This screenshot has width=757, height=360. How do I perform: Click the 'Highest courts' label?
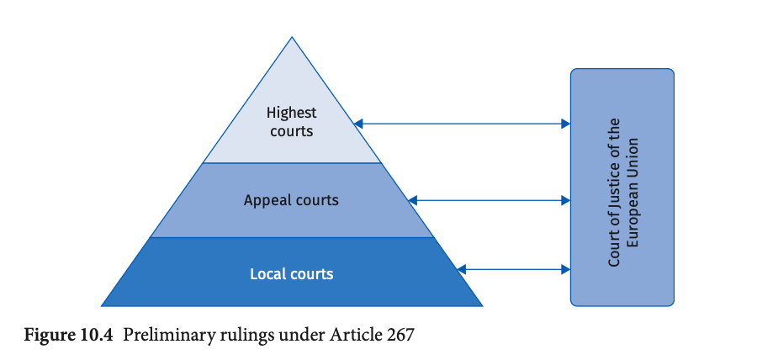point(292,122)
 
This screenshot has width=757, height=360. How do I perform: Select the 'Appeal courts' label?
point(291,200)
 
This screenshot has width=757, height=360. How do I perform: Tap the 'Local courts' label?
point(292,274)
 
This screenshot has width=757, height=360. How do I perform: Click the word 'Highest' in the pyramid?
point(292,114)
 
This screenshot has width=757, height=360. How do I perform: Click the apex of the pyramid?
point(292,37)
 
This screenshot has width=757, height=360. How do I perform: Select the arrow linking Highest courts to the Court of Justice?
point(462,124)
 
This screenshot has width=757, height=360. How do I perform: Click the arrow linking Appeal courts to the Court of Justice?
point(489,200)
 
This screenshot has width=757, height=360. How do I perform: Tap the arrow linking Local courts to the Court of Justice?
point(514,269)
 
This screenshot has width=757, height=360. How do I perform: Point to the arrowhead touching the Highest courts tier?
point(358,124)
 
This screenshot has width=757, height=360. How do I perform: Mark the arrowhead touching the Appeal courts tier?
point(412,200)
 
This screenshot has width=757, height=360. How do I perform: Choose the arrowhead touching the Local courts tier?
point(461,269)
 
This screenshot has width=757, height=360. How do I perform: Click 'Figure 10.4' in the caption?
point(68,335)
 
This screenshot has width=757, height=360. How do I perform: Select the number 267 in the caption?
point(400,335)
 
